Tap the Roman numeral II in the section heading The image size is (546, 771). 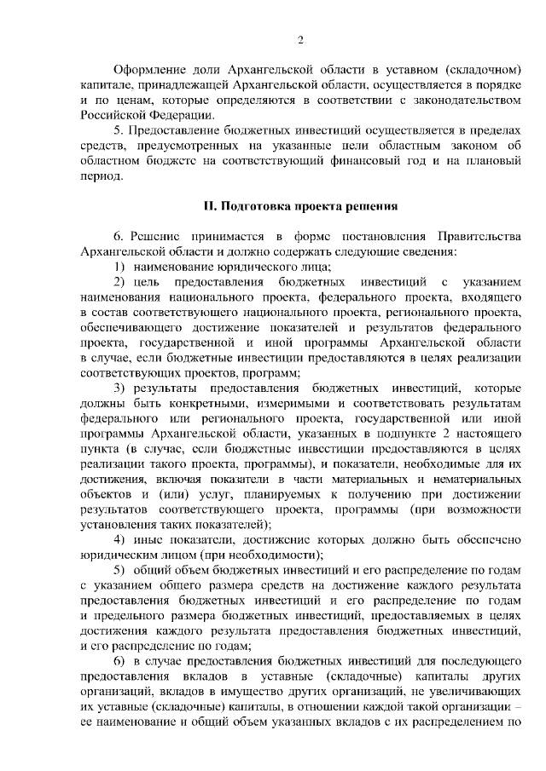click(x=209, y=206)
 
